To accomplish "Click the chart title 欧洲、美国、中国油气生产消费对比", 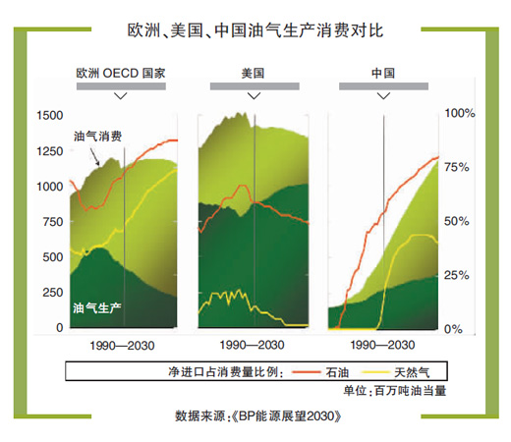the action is (x=255, y=30).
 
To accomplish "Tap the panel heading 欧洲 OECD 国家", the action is (x=121, y=73).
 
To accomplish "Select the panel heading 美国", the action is (x=253, y=73).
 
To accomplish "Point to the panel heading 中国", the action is (x=383, y=73).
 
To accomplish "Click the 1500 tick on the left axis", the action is (x=50, y=116).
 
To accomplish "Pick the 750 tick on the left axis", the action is (x=53, y=222).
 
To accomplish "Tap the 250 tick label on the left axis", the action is (x=53, y=293).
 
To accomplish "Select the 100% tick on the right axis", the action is (x=460, y=114).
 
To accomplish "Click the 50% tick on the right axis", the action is (x=457, y=221).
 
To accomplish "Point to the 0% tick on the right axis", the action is (x=453, y=329).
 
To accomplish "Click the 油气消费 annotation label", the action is (x=97, y=137).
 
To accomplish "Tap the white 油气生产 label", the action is (x=96, y=308).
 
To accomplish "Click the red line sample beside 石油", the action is (x=306, y=372).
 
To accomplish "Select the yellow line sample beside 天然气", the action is (x=375, y=372).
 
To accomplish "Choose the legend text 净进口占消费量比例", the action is (x=225, y=372).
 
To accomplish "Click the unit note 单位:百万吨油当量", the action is (x=395, y=391).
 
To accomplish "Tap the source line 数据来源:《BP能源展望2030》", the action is (x=258, y=416).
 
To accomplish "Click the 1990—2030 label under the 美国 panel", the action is (x=252, y=345).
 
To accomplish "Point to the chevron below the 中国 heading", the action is (x=383, y=96).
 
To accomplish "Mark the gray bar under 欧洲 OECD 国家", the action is (x=121, y=86).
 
